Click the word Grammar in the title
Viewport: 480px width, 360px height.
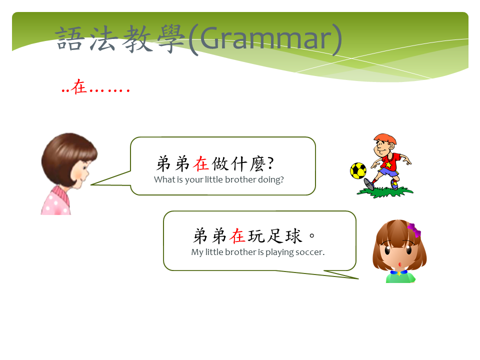click(x=265, y=39)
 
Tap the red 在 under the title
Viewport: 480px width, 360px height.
click(x=78, y=86)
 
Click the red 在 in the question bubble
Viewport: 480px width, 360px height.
click(x=201, y=163)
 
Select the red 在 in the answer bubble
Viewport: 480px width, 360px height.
click(x=237, y=236)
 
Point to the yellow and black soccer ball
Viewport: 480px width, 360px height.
click(x=358, y=170)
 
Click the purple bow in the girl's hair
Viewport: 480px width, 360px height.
click(x=414, y=229)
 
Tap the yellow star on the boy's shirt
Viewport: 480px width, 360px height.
click(x=388, y=165)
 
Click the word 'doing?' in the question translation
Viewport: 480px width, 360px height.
click(x=271, y=179)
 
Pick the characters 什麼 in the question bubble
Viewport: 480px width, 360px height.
click(x=248, y=163)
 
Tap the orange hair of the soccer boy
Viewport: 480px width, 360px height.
click(x=385, y=138)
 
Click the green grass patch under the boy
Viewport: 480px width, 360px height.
click(x=385, y=192)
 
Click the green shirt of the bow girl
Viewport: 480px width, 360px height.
click(x=400, y=278)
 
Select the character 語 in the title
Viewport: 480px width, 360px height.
click(x=70, y=38)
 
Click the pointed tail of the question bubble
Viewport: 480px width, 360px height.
click(x=91, y=184)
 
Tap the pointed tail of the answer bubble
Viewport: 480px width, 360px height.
click(x=357, y=278)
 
